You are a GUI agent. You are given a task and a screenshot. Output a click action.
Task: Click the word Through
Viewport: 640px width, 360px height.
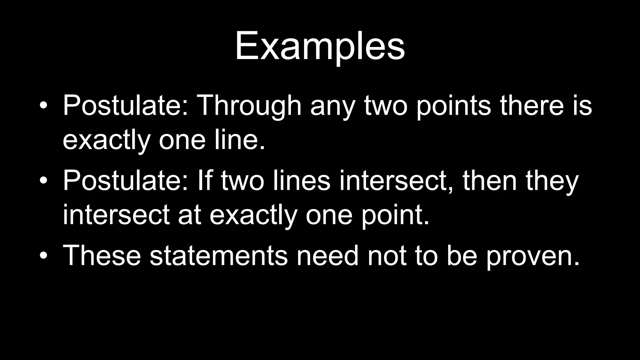click(249, 105)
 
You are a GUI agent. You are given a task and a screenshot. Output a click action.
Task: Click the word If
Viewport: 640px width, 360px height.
click(205, 181)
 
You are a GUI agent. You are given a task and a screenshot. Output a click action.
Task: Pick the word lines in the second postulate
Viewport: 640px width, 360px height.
click(302, 181)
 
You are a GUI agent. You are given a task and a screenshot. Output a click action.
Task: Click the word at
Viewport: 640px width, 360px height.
click(189, 215)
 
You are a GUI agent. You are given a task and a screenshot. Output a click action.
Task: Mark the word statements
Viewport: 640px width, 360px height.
click(218, 256)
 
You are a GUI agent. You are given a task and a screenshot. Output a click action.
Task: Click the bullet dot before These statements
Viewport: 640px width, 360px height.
click(44, 256)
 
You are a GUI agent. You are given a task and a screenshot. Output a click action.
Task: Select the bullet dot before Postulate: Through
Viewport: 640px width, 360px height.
click(44, 106)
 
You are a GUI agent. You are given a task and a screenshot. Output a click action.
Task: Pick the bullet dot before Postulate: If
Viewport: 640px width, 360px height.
click(44, 181)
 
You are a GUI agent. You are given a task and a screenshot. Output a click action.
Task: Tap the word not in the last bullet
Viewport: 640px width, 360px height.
click(387, 256)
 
